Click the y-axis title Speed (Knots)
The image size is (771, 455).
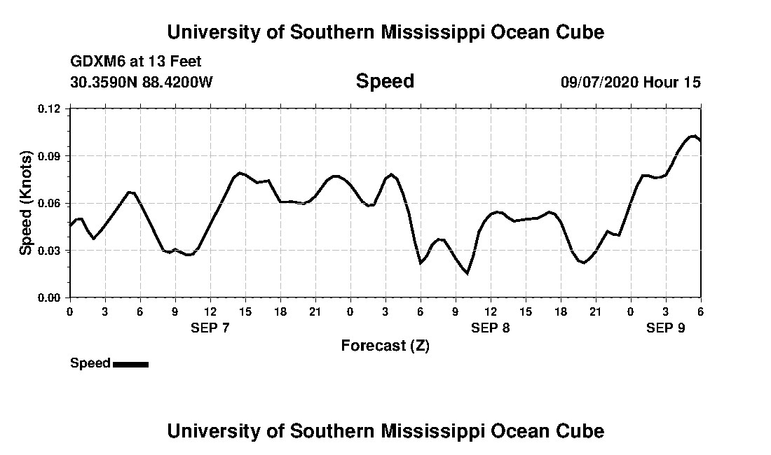coord(26,202)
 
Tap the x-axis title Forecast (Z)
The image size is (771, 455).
coord(385,345)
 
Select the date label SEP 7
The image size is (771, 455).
coord(210,328)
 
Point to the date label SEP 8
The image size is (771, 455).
coord(491,328)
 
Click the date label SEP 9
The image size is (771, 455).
coord(665,328)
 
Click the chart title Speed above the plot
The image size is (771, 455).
coord(385,81)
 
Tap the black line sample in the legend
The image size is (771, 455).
coord(130,364)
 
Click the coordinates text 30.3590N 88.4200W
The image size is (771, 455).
coord(142,83)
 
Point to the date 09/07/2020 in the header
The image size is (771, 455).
coord(600,83)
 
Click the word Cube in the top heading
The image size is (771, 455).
coord(580,31)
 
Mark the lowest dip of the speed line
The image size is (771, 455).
coord(467,273)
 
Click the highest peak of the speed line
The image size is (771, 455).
coord(692,136)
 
